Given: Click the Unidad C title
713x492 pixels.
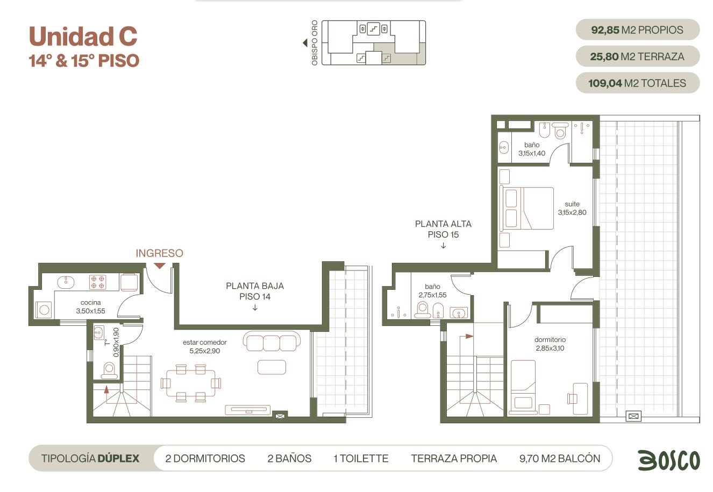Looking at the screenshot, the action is click(83, 36).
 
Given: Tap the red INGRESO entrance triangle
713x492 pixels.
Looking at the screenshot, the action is click(160, 266).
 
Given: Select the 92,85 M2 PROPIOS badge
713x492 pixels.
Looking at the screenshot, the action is click(638, 30).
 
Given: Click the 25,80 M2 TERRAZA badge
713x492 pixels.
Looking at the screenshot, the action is click(638, 56).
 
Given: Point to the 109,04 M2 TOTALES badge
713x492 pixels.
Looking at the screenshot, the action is click(638, 83).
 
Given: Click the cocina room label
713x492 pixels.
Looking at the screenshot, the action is click(91, 302).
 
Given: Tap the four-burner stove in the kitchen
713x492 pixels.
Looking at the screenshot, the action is click(98, 282).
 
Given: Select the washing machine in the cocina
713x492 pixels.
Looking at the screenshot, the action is click(44, 310).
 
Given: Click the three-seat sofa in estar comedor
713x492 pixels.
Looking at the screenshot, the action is click(272, 341).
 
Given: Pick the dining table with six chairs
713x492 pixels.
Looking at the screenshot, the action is click(191, 383).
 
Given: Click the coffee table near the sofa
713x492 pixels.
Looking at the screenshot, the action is click(272, 367).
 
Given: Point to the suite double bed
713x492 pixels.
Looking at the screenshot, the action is click(527, 209).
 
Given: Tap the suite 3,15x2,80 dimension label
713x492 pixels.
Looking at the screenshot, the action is click(572, 212).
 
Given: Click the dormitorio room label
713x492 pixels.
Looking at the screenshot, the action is click(550, 340).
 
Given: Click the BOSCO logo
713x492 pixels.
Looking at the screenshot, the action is click(669, 460).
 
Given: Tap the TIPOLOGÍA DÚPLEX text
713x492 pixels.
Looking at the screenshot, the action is click(90, 458).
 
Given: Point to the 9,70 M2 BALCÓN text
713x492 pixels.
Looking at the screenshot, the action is click(560, 458).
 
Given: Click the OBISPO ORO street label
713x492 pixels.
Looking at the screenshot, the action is click(315, 43).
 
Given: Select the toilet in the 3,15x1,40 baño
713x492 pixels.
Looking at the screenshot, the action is click(560, 131).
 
